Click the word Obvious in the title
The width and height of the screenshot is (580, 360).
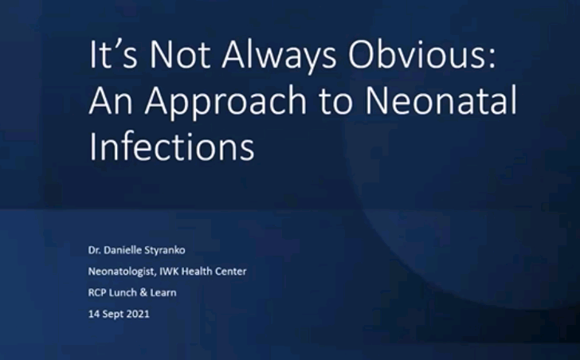click(x=421, y=54)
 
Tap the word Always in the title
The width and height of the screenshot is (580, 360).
click(x=279, y=56)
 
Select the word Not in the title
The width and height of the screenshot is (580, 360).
click(x=180, y=54)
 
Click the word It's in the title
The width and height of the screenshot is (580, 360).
click(x=113, y=54)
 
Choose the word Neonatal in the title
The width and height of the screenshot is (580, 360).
click(x=441, y=100)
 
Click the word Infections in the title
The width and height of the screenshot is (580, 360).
click(x=171, y=146)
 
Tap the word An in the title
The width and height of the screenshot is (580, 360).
click(x=111, y=100)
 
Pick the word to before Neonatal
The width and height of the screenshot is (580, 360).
click(x=336, y=101)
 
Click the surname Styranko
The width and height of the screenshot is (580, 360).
click(x=165, y=251)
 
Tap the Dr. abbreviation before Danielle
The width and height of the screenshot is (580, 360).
click(x=94, y=250)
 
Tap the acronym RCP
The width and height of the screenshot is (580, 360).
click(x=97, y=293)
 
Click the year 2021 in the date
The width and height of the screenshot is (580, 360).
click(x=138, y=314)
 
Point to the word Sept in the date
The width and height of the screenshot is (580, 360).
click(x=112, y=315)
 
